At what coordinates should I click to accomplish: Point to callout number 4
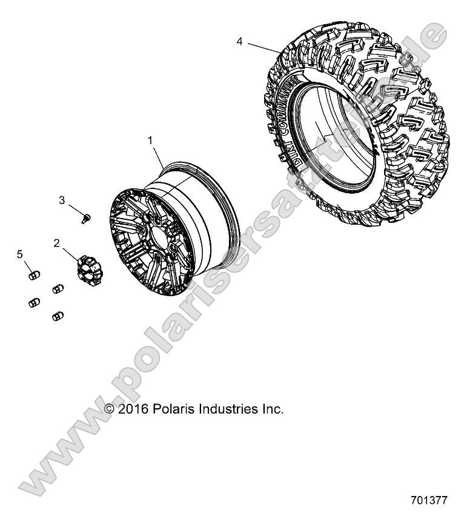tap(240, 42)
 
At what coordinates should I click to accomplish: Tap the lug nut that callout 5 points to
tap(34, 276)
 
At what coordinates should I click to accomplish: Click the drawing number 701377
tap(428, 501)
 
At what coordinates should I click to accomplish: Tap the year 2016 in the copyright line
tap(131, 409)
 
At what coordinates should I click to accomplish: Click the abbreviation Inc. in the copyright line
tap(271, 409)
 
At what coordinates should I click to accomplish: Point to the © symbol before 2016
tap(110, 409)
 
